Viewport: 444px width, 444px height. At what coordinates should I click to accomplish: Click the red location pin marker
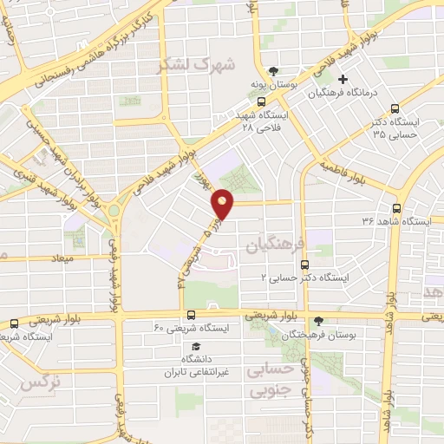tap(223, 203)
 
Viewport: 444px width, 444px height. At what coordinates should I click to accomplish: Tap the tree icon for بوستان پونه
tap(275, 72)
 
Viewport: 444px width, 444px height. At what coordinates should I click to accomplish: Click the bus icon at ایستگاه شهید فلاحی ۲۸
tap(262, 101)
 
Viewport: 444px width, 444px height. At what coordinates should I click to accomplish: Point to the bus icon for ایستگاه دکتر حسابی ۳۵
tap(395, 109)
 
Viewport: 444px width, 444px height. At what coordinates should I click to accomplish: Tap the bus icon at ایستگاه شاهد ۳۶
tap(396, 208)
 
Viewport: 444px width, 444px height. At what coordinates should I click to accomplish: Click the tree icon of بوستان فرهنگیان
tap(318, 321)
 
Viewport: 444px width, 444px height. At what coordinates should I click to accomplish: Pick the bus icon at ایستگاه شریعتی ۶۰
tap(191, 316)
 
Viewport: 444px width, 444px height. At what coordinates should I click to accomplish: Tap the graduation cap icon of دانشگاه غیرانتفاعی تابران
tap(196, 346)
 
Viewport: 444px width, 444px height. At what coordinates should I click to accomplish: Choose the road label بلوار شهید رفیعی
tap(113, 277)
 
